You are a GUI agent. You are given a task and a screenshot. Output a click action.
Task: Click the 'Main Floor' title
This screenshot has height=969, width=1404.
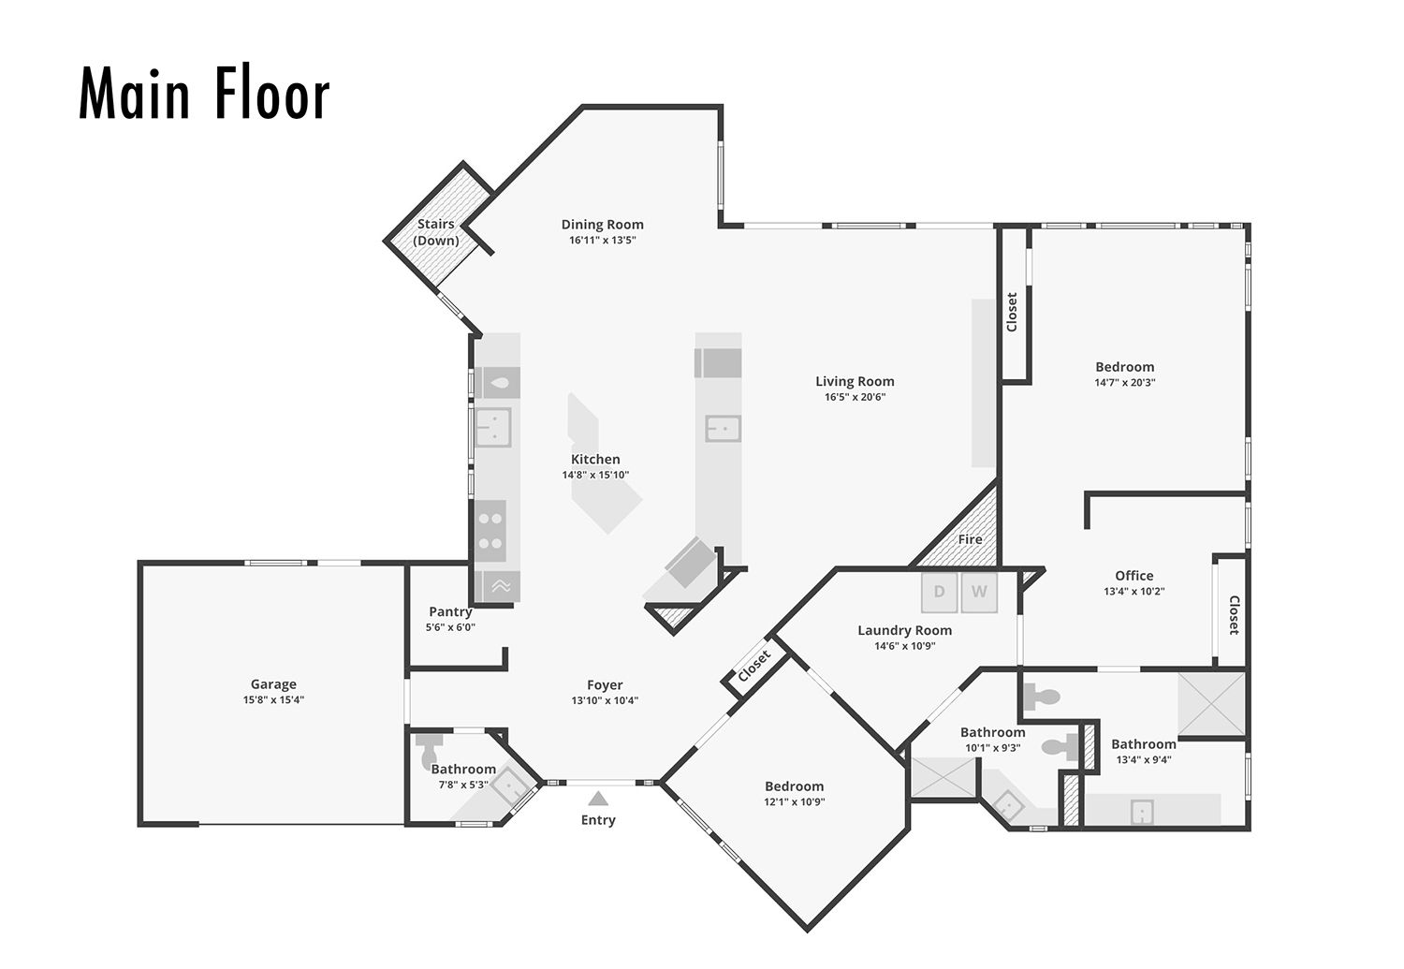204,92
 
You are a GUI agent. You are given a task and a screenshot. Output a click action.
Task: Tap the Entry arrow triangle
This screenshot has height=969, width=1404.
599,799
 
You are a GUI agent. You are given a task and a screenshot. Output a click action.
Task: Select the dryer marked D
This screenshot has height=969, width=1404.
939,592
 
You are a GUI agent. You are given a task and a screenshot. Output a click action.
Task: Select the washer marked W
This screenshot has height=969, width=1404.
979,592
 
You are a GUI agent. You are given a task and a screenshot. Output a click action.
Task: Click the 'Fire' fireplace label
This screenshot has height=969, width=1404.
971,539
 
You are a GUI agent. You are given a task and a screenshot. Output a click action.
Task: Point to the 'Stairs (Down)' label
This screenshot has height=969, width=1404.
435,232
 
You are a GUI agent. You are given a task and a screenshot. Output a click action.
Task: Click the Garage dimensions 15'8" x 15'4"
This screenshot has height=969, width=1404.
273,700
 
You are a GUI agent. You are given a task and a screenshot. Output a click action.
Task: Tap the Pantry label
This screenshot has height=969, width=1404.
450,611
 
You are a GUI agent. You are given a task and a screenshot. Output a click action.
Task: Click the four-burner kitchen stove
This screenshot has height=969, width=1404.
490,531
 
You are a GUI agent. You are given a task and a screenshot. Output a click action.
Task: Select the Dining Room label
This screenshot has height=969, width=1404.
603,225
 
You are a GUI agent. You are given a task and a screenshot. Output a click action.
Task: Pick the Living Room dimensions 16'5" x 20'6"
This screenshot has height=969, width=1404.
855,397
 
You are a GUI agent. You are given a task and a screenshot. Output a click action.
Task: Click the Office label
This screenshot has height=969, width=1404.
1134,576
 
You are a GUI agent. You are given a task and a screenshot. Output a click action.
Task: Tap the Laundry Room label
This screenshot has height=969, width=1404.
904,630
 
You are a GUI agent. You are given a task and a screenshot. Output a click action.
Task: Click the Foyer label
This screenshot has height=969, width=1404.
605,685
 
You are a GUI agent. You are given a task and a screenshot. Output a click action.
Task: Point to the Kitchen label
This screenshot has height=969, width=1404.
595,460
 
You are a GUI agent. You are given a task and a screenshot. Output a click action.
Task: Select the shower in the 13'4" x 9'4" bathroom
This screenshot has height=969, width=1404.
1211,703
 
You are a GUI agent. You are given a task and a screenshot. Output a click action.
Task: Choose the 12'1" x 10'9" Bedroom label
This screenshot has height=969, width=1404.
794,786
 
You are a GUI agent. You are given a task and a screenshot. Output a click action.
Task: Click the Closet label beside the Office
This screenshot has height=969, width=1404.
1235,615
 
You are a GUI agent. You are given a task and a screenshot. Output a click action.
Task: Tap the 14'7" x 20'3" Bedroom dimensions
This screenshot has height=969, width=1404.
1125,382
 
